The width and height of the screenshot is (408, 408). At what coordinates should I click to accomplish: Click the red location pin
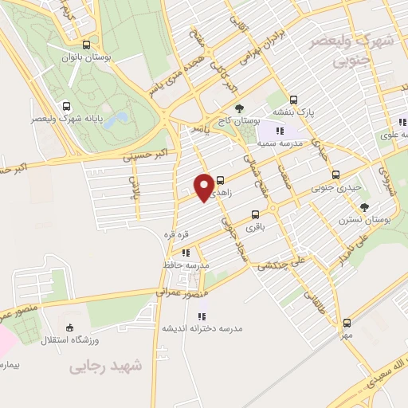coord(204,186)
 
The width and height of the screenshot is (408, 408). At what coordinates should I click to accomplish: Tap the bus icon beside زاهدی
coord(221,181)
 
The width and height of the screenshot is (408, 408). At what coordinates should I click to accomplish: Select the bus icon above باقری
coord(255,214)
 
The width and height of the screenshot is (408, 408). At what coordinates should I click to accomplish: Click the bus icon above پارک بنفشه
coord(294,100)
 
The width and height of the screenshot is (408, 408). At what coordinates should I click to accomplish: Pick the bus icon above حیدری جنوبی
coord(335,175)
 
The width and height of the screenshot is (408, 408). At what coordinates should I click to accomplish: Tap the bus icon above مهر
coord(346,323)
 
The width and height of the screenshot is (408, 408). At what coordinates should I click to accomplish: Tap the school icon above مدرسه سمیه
coord(279,131)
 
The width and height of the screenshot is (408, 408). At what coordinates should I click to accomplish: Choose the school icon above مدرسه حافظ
coord(186,253)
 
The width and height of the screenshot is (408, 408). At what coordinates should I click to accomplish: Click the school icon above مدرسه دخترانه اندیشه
coord(202,316)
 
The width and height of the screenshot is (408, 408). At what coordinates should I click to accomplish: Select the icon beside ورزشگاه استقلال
coord(69,328)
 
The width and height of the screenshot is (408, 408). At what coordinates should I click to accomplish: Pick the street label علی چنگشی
coord(283,262)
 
